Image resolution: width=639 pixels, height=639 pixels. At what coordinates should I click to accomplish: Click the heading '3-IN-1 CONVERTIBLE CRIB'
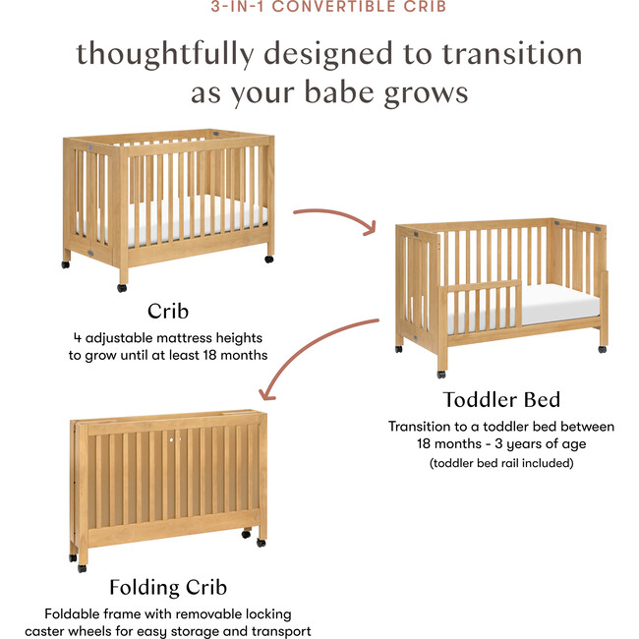tap(319, 8)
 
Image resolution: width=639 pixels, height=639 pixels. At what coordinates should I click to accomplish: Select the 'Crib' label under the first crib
tap(168, 312)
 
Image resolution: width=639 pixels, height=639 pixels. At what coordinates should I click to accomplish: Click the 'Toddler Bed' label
tap(501, 399)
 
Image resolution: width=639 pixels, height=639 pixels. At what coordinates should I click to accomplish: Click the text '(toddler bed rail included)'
tap(501, 462)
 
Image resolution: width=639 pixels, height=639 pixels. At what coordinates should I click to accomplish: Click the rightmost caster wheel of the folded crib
tap(261, 542)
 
